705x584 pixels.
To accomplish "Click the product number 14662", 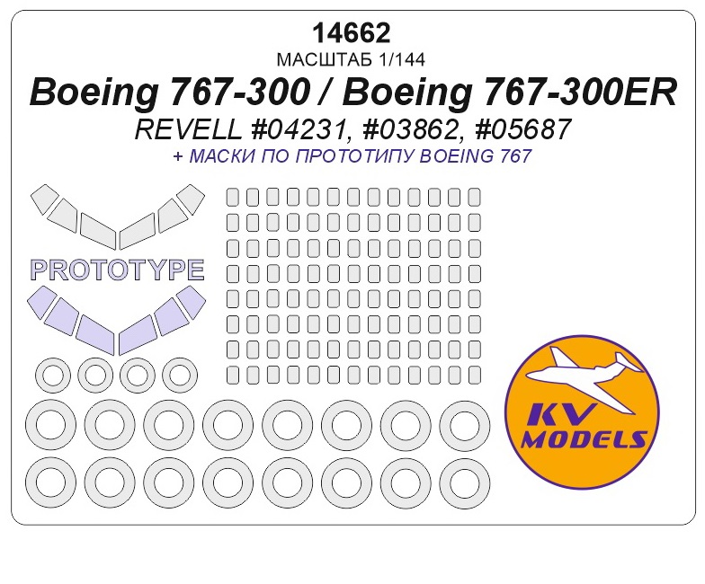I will pyautogui.click(x=352, y=33).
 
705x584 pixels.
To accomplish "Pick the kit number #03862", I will pyautogui.click(x=411, y=131).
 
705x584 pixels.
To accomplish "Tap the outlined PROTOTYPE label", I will pyautogui.click(x=117, y=269).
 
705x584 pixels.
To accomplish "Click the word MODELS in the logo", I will pyautogui.click(x=585, y=439).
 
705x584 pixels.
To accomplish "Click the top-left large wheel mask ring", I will pyautogui.click(x=51, y=424).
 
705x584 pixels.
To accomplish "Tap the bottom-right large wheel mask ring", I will pyautogui.click(x=464, y=482).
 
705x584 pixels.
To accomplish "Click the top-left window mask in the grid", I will pyautogui.click(x=231, y=197).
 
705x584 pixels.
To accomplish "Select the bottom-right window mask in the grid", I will pyautogui.click(x=474, y=373).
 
